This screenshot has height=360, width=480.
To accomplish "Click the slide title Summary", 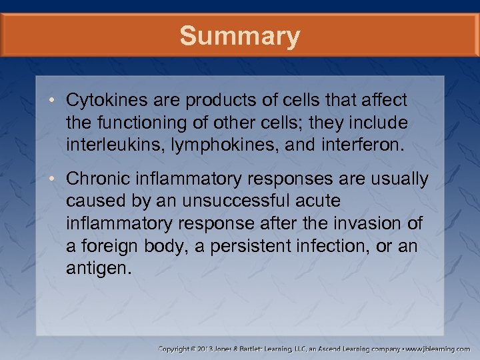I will point(240,36).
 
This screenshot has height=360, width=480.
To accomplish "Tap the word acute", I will point(322,200).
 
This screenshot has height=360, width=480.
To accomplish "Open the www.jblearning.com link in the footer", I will point(437,348).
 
